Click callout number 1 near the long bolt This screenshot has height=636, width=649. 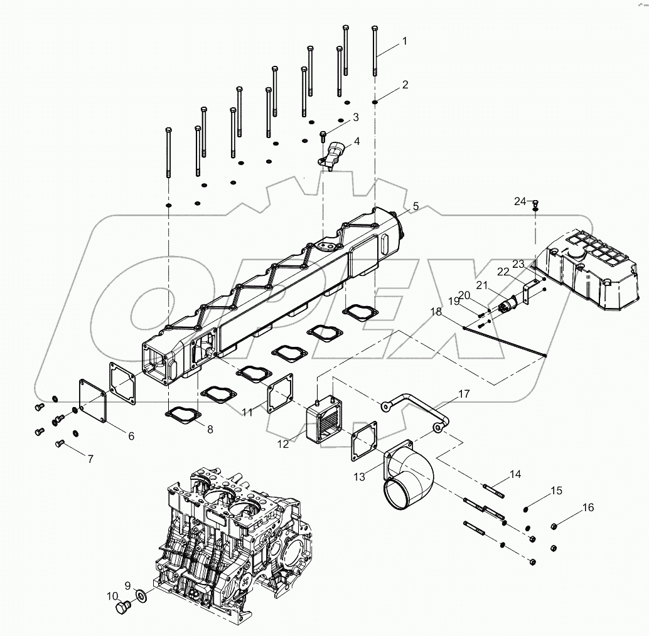(x=405, y=41)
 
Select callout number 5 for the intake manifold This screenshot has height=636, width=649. (x=415, y=205)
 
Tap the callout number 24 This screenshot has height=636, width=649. (x=520, y=201)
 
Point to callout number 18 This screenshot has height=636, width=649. (x=436, y=312)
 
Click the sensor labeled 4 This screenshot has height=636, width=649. (x=335, y=154)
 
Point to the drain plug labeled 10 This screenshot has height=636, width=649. (x=123, y=608)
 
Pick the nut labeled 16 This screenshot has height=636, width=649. (x=554, y=526)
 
